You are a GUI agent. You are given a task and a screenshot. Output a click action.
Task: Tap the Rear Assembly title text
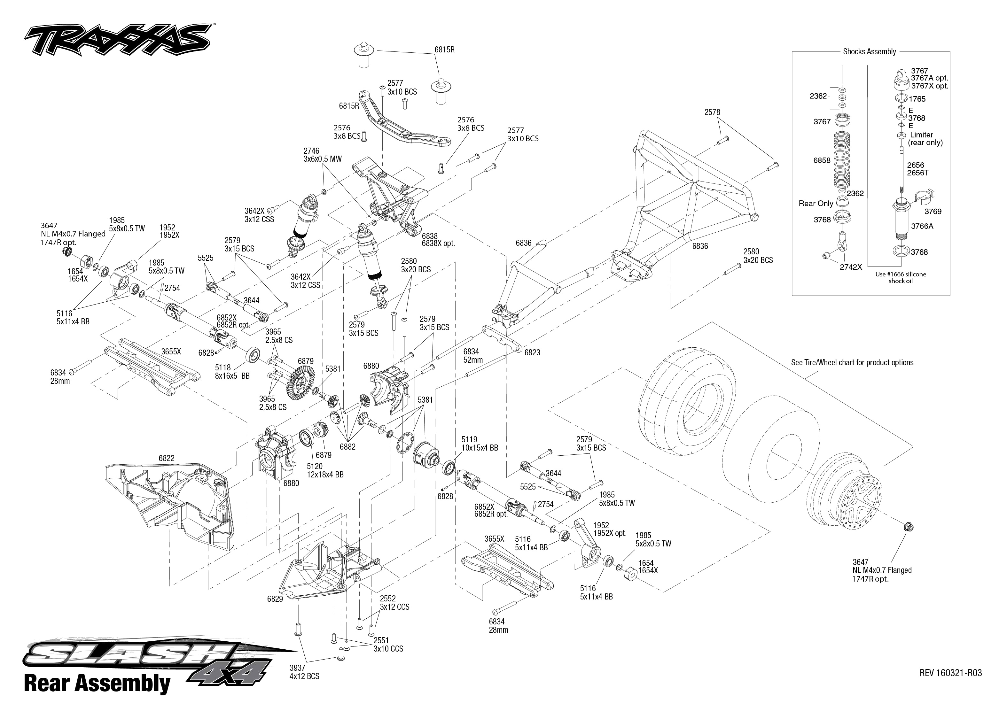97,683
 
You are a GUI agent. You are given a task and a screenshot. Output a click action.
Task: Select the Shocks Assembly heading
869,51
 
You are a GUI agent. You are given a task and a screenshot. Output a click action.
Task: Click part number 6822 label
167,458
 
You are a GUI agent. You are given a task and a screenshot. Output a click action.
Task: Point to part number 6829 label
275,599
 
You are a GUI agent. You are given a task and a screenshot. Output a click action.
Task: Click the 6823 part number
532,353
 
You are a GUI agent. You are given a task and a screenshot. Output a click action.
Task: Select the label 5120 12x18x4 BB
325,470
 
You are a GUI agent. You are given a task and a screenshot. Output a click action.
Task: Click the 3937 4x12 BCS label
304,672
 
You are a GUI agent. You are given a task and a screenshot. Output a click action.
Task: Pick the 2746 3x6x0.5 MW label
322,155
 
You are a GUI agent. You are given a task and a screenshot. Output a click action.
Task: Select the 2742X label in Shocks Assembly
851,267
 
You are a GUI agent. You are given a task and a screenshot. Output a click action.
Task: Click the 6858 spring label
822,160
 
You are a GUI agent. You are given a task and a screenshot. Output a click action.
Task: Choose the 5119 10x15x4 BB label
480,444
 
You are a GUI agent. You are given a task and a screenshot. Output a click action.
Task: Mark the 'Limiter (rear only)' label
925,139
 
